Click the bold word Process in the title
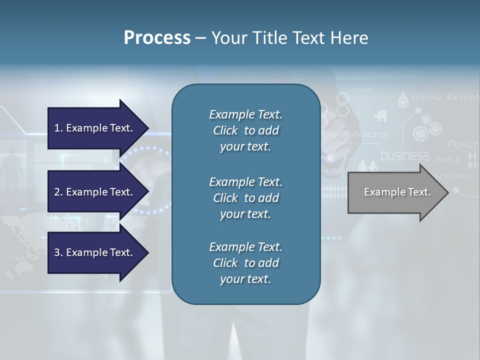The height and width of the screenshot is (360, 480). (157, 38)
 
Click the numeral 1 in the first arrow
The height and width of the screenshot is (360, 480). (57, 128)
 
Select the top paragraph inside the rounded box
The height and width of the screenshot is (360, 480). (245, 130)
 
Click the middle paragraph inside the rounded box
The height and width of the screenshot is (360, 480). (245, 198)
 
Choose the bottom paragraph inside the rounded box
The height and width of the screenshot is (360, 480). (245, 263)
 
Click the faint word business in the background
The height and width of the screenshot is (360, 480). (405, 155)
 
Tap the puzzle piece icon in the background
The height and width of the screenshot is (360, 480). (380, 116)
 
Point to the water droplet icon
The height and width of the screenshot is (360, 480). (402, 101)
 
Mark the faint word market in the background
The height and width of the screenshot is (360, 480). (361, 89)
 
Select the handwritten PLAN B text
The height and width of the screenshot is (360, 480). (448, 160)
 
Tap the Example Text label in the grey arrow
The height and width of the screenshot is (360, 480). (397, 192)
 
